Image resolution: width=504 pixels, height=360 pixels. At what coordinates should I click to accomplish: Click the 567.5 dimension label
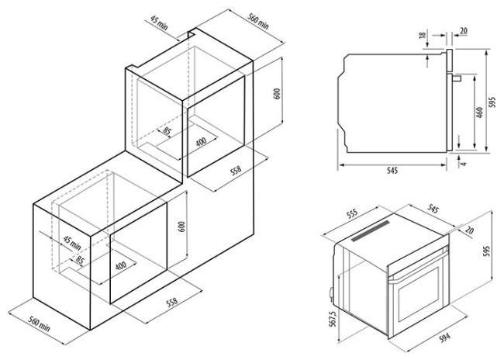point(333,319)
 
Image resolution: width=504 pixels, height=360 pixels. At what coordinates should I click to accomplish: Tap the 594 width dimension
point(444,337)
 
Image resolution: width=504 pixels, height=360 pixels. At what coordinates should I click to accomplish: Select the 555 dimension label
point(352,214)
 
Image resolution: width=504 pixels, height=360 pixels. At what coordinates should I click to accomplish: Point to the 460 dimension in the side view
point(479,112)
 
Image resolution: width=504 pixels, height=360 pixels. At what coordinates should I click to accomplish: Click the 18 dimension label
point(423,34)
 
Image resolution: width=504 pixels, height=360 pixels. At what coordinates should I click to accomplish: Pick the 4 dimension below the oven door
point(463,164)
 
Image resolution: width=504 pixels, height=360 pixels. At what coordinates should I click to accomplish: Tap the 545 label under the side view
point(392,171)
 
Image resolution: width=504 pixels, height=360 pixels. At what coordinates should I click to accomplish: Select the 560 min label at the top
point(257,22)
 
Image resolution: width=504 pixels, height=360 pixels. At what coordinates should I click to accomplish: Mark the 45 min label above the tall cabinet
point(159,23)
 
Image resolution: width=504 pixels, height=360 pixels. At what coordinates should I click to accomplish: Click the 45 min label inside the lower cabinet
point(72,244)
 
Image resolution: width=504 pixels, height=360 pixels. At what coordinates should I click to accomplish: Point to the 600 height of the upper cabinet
point(278,94)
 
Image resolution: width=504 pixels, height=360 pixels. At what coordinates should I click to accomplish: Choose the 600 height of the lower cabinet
point(182,227)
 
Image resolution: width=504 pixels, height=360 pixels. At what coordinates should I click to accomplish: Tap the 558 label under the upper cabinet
point(236,171)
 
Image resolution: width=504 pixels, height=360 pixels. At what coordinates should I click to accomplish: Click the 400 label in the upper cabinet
point(202,141)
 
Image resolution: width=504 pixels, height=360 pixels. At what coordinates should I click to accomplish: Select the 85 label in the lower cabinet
point(79,260)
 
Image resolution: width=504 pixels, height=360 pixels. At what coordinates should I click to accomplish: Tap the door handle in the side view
point(457,78)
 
